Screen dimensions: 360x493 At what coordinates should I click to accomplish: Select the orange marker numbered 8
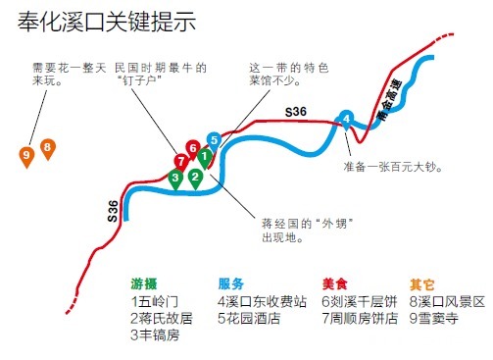click(x=48, y=149)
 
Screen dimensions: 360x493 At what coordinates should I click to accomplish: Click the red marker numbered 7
click(x=180, y=160)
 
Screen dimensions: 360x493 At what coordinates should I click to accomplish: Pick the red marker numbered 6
click(x=193, y=148)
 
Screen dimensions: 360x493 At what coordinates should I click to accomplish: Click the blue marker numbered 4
click(x=345, y=119)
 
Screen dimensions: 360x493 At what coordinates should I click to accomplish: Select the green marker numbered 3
click(x=175, y=178)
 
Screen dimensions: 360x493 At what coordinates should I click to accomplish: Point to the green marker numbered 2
click(x=195, y=178)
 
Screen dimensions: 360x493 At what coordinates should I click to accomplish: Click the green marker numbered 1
click(x=204, y=156)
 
